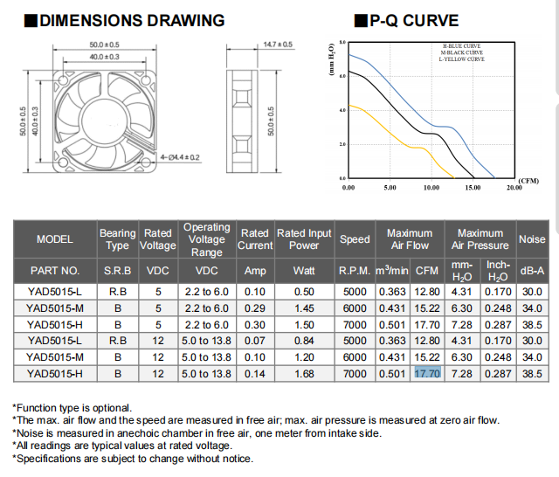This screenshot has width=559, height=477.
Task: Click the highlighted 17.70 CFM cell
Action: tap(426, 374)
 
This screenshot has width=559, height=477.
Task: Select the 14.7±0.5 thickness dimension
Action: tap(278, 44)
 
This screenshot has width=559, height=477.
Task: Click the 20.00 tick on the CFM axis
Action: tap(514, 187)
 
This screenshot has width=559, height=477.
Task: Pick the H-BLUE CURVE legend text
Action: tap(462, 46)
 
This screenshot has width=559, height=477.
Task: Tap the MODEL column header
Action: tap(54, 238)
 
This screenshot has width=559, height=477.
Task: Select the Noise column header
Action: tap(532, 238)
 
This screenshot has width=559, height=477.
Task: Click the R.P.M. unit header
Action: tap(355, 271)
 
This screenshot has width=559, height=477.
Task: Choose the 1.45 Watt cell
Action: tap(304, 308)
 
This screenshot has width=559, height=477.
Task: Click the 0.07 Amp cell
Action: tap(255, 341)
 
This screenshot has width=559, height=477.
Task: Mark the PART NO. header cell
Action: tap(54, 271)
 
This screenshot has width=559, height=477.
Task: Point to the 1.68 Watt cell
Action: tap(304, 374)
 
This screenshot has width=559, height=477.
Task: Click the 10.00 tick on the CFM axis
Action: tap(431, 187)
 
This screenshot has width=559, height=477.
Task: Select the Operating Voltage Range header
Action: tap(207, 238)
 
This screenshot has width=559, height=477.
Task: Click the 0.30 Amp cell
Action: tap(255, 324)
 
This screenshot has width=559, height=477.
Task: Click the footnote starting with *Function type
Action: tap(72, 407)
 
